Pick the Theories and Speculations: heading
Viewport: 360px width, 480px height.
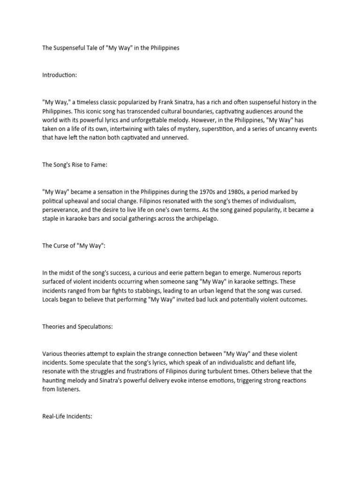[77, 327]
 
